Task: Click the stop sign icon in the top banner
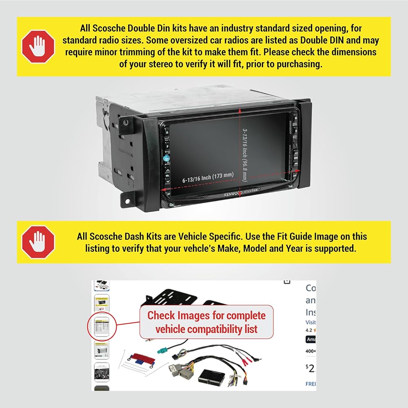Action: click(38, 46)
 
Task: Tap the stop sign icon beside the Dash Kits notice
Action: click(38, 242)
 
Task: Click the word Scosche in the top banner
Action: click(108, 29)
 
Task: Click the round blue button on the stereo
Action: click(166, 158)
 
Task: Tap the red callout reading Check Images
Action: click(206, 322)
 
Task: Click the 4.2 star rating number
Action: click(308, 329)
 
